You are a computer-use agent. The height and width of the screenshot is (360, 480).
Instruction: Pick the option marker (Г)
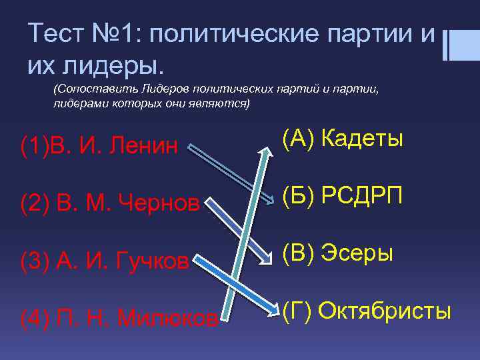(297, 311)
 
